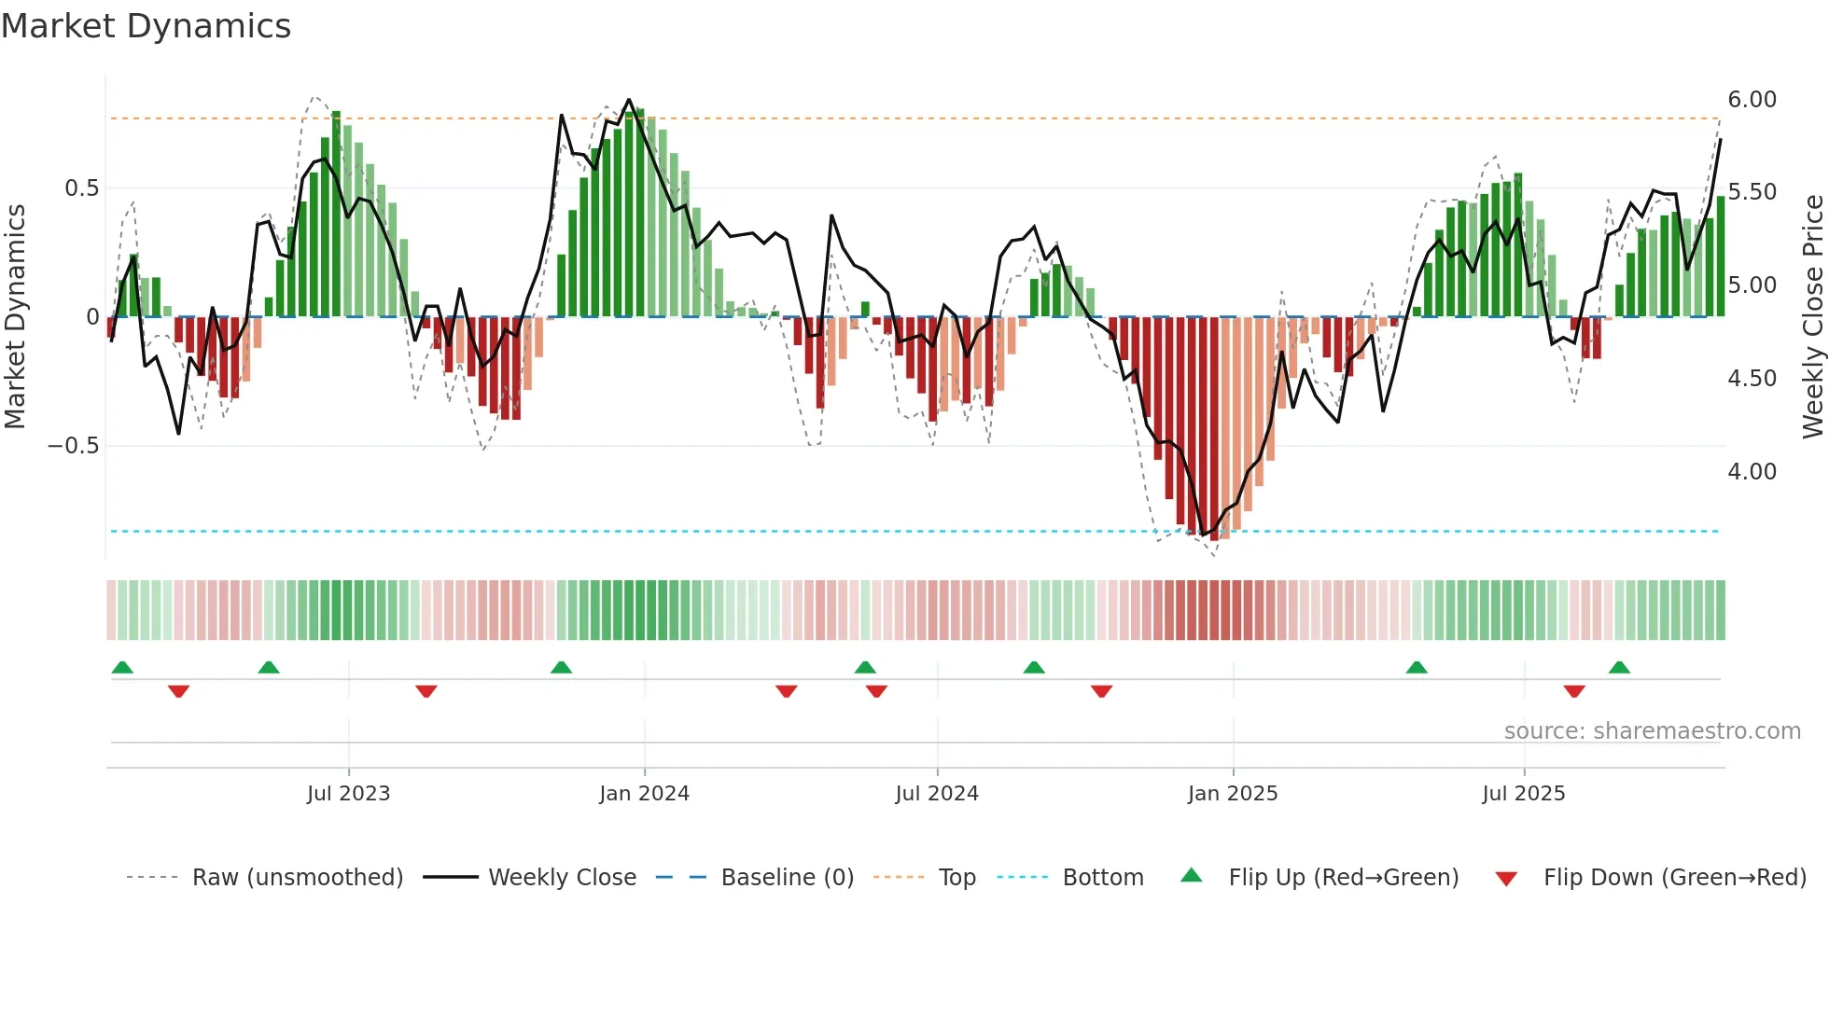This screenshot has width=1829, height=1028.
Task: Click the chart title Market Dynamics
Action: click(x=146, y=26)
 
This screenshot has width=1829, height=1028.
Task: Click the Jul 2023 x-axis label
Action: click(x=348, y=794)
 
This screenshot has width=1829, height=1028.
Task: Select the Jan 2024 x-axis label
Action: click(x=644, y=794)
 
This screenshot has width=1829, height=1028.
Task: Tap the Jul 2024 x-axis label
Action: click(x=937, y=794)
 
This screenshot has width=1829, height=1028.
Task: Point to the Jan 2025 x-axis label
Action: click(x=1233, y=794)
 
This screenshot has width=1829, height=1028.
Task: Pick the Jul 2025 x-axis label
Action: click(x=1524, y=794)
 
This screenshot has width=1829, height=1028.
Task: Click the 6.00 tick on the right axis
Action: click(x=1752, y=100)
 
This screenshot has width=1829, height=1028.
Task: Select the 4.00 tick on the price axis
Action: click(x=1752, y=472)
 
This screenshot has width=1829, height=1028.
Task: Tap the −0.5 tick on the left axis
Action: click(x=73, y=446)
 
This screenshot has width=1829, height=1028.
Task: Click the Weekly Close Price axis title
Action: click(x=1813, y=317)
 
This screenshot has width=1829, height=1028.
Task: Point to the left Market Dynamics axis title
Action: click(x=15, y=317)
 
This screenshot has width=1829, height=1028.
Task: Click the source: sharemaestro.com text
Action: click(x=1652, y=731)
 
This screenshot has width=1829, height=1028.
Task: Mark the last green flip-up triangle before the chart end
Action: click(x=1619, y=668)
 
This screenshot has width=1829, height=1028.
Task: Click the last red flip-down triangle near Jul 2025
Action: click(x=1574, y=691)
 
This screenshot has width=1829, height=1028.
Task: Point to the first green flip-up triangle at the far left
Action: click(x=122, y=668)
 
